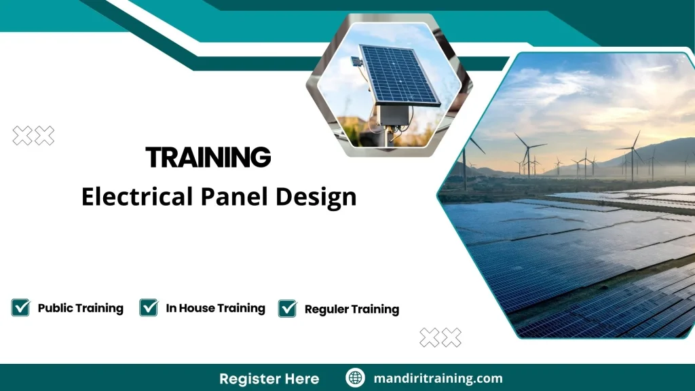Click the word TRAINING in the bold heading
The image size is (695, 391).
[x=208, y=157]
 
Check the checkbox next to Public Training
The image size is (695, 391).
[x=20, y=308]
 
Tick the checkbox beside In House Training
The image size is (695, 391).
[x=149, y=308]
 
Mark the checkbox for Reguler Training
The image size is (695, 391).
[x=288, y=308]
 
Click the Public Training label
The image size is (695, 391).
[x=80, y=308]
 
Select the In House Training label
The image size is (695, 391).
[x=215, y=308]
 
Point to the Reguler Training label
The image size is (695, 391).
[x=352, y=310]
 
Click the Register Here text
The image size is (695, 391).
[x=269, y=378]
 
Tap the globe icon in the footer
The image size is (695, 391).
[x=356, y=378]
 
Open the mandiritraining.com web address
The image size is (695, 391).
[x=438, y=378]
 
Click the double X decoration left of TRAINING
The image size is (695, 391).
[x=33, y=136]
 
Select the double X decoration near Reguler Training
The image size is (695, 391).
[x=440, y=337]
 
